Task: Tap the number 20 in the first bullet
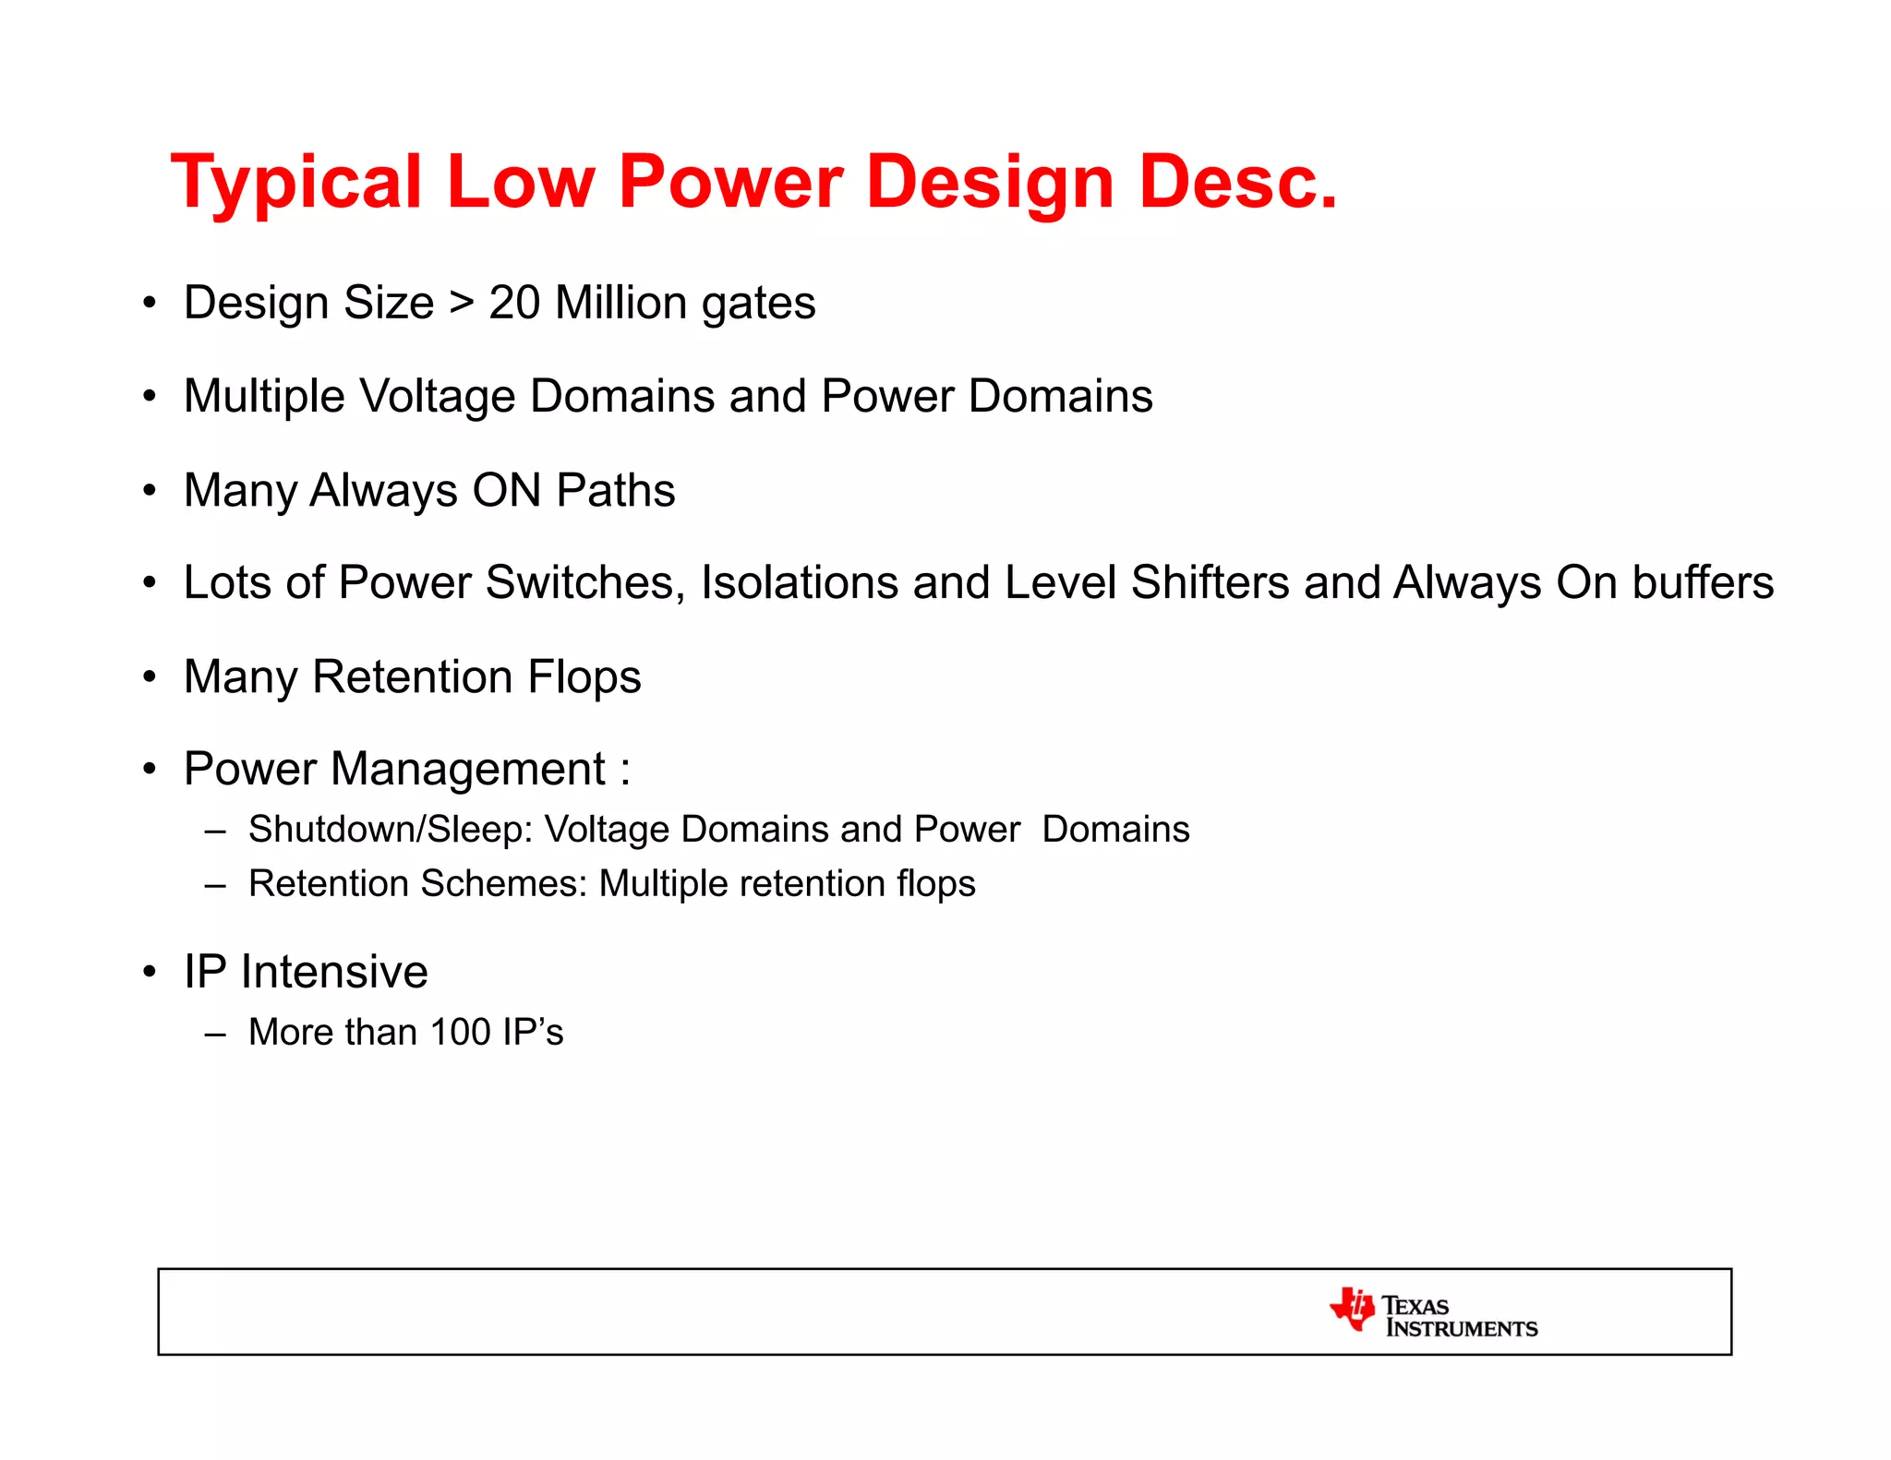tap(514, 303)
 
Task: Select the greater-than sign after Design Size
tap(462, 304)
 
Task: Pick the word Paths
tap(615, 490)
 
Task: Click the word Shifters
tap(1210, 583)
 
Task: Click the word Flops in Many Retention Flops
tap(584, 677)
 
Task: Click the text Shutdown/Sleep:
tap(391, 830)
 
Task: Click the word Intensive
tap(334, 973)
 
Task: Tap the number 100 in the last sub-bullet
tap(460, 1033)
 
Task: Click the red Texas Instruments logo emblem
tap(1352, 1310)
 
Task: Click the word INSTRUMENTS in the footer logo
tap(1462, 1329)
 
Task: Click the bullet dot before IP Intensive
tap(150, 973)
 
